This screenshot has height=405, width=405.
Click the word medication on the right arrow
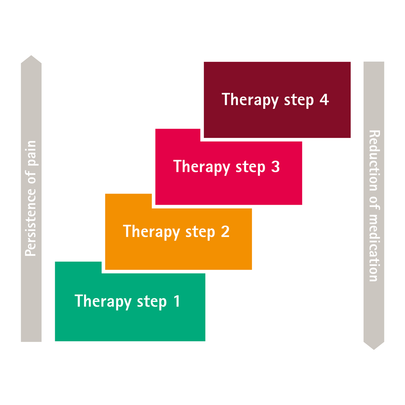(x=374, y=247)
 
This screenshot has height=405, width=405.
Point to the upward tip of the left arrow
(x=31, y=56)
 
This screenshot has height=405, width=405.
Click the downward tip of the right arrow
(x=374, y=349)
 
